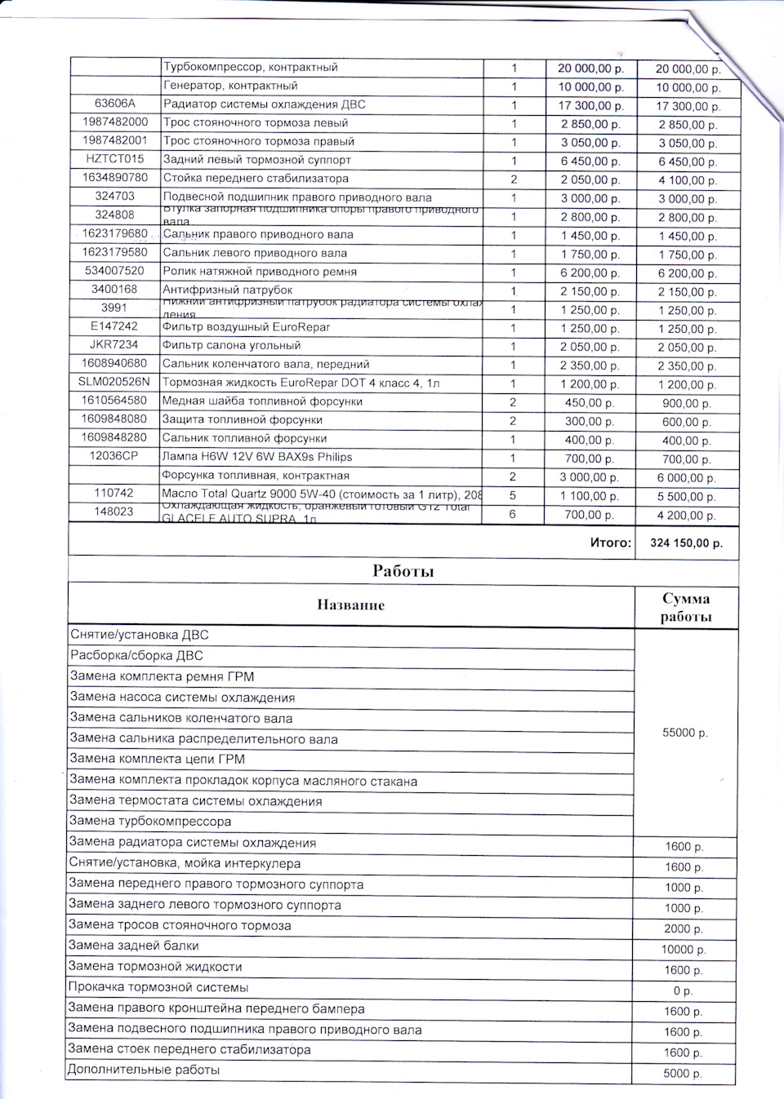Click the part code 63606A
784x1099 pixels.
coord(114,104)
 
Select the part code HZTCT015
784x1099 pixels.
coord(114,159)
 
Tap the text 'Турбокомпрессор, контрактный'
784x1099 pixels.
coord(250,67)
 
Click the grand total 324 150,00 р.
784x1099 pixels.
coord(686,543)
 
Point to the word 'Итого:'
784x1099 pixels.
coord(610,543)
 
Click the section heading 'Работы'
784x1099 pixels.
coord(403,571)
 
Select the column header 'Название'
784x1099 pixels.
coord(350,605)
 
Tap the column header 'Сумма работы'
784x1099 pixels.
coord(686,608)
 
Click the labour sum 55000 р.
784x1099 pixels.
coord(685,733)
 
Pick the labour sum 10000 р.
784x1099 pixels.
coord(684,950)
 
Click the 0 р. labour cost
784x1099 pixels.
coord(684,990)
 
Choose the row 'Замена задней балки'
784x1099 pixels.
coord(134,946)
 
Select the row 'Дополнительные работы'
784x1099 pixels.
coord(144,1070)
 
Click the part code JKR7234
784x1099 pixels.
coord(114,345)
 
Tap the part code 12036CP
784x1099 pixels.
coord(114,456)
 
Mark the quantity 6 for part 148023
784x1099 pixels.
coord(514,515)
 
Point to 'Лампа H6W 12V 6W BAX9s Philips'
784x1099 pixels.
coord(257,457)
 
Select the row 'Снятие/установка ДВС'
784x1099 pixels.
coord(140,635)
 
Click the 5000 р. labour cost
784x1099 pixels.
coord(684,1074)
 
